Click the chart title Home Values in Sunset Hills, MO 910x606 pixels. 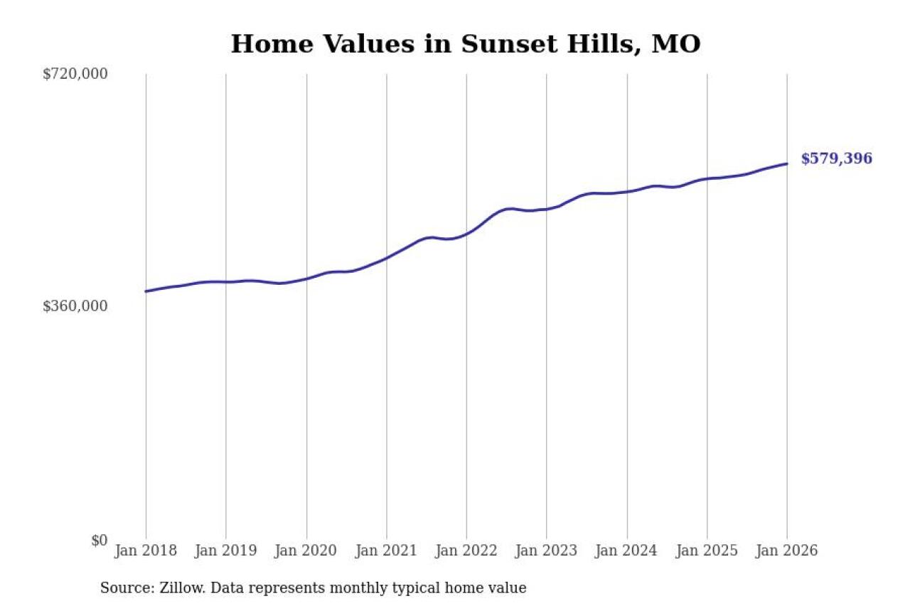(x=466, y=44)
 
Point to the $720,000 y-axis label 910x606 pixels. (x=75, y=74)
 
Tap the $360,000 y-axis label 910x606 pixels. (x=75, y=306)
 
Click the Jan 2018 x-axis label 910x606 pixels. (x=146, y=551)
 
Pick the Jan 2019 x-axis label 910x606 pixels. (x=226, y=551)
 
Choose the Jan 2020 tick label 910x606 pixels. (x=306, y=551)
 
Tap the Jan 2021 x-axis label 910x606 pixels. (x=387, y=551)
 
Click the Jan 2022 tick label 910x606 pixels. (x=466, y=551)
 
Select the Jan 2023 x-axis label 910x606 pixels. (x=547, y=551)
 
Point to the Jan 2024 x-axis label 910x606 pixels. (x=627, y=551)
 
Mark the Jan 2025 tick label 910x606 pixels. (x=707, y=551)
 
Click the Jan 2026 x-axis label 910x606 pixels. (x=787, y=551)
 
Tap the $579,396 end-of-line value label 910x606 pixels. (x=836, y=159)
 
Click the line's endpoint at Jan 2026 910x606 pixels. (x=787, y=164)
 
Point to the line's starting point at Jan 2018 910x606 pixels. (x=146, y=291)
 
